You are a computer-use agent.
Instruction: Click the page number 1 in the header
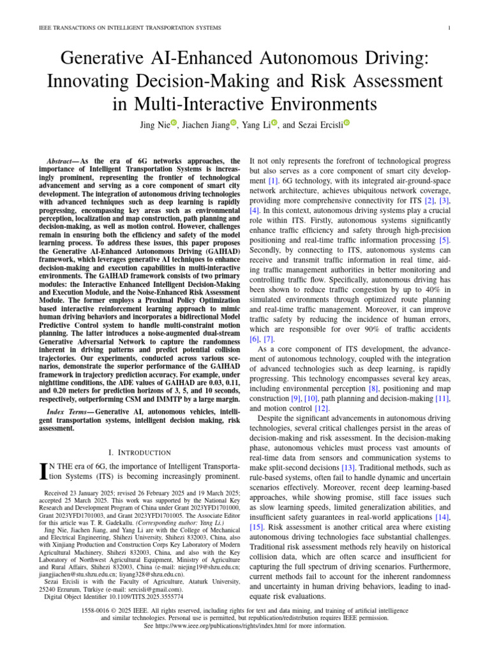(x=450, y=28)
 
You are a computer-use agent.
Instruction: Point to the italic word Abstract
(x=63, y=161)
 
